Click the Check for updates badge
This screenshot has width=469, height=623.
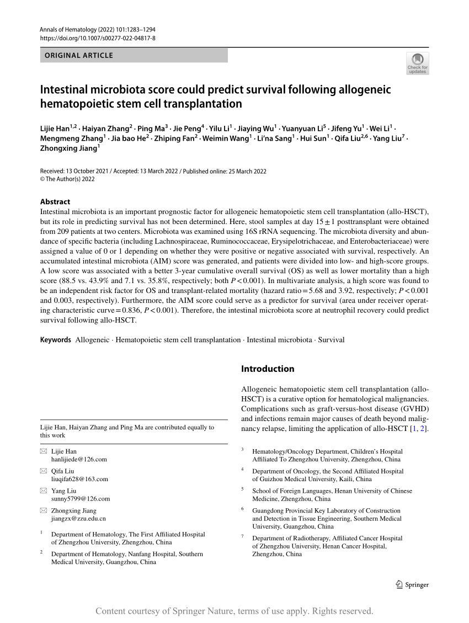click(x=417, y=63)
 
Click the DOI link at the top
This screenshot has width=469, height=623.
click(x=98, y=38)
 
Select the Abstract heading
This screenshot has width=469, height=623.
click(x=55, y=202)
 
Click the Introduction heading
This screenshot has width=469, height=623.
click(x=268, y=369)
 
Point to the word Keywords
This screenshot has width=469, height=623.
click(x=56, y=340)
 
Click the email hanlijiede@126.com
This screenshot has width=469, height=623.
click(x=79, y=459)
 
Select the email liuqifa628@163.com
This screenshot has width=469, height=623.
click(x=79, y=479)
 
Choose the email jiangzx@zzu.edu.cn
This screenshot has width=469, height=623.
click(x=78, y=518)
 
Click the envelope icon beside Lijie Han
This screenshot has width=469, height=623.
click(x=44, y=451)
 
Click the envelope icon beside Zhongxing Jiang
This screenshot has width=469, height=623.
click(x=44, y=511)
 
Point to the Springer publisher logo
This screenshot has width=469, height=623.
click(x=412, y=585)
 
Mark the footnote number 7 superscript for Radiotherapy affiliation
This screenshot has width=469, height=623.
click(x=243, y=536)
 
